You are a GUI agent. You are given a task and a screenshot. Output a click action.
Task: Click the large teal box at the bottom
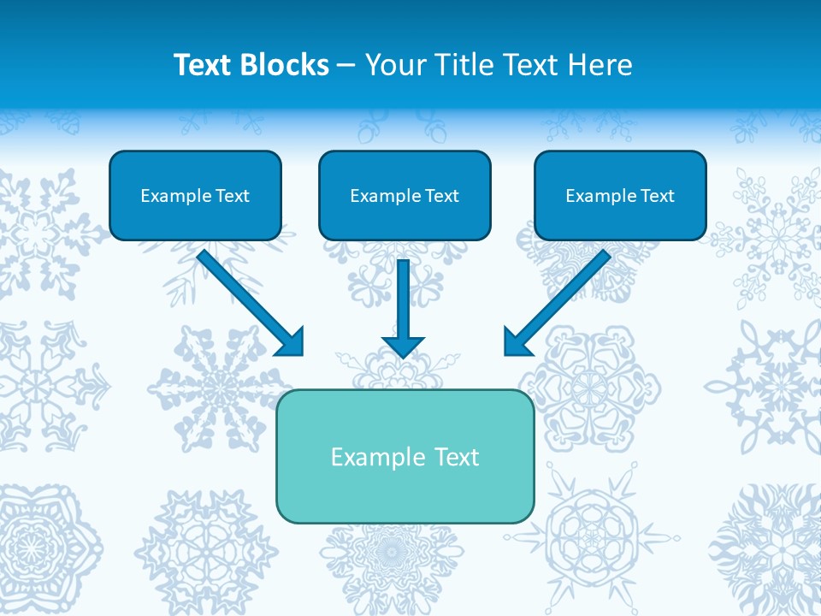pos(405,492)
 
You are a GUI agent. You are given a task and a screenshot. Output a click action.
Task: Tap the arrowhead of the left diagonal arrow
pos(291,342)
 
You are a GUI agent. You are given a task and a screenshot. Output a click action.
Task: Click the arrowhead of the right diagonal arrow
pos(517,341)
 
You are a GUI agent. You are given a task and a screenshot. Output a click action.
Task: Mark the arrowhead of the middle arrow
pos(404,346)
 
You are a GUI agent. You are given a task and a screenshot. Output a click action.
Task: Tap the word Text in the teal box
pos(456,457)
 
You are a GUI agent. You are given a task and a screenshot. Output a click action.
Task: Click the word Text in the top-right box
pos(658,196)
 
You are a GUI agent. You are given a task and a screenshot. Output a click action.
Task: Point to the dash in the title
pos(346,66)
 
